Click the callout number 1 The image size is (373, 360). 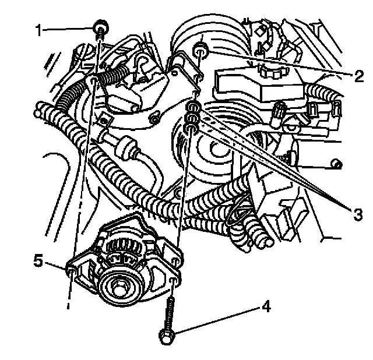38,30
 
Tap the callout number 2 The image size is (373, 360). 359,76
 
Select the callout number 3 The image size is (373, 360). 357,214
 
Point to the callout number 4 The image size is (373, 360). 266,306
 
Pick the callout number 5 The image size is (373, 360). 38,261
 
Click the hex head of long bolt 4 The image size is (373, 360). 167,336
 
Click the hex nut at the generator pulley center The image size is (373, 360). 117,288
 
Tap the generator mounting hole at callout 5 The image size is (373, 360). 72,271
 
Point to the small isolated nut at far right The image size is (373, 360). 336,164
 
